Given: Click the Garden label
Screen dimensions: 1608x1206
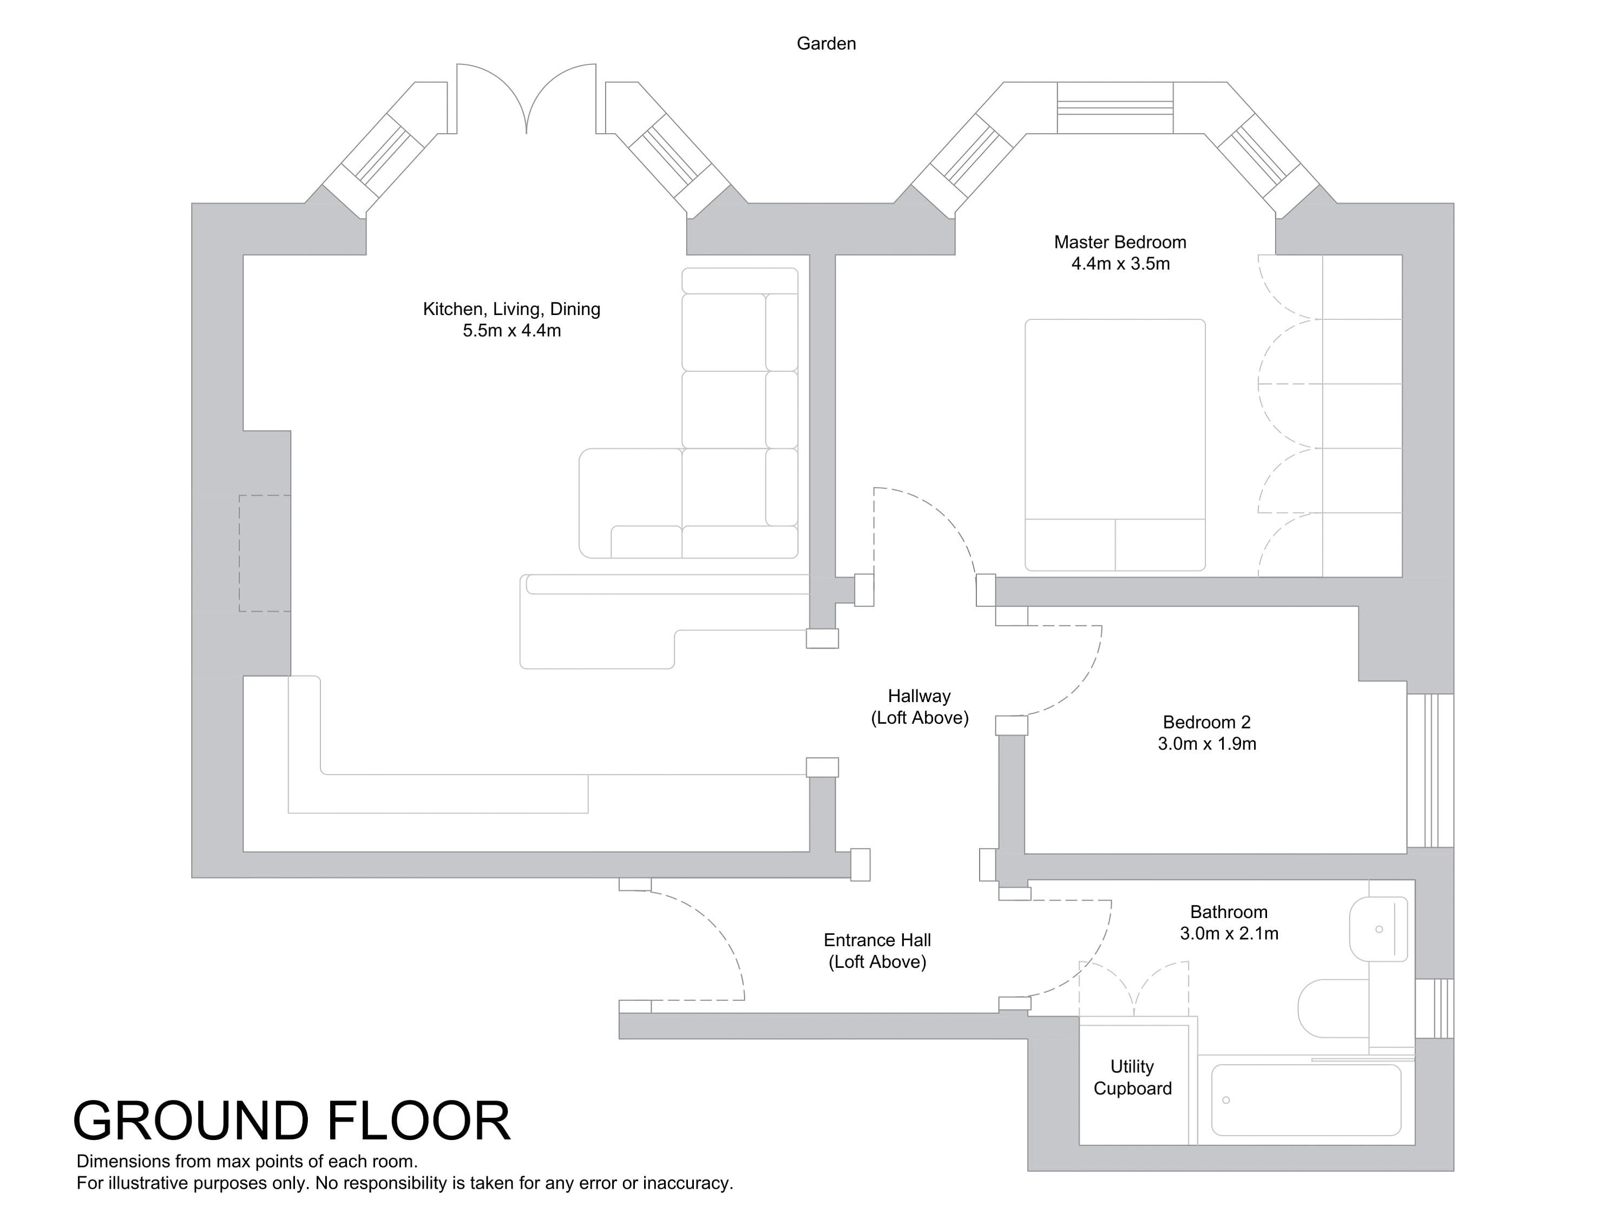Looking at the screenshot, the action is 826,44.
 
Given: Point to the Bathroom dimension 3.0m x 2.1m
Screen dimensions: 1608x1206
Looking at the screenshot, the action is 1229,933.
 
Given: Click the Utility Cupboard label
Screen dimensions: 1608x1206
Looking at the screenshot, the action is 1132,1077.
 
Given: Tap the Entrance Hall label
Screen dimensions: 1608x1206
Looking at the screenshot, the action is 877,940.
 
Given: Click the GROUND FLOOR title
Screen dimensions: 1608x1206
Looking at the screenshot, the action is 292,1120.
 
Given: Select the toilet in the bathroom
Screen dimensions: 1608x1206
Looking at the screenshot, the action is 1335,1008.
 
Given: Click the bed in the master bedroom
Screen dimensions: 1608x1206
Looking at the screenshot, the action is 1114,444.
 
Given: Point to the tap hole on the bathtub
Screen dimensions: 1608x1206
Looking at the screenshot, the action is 1226,1100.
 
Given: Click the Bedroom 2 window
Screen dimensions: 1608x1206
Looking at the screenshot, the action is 1429,771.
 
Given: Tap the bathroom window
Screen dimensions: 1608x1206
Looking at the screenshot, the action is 1434,1008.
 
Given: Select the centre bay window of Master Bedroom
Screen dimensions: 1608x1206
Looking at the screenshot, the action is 1114,108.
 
